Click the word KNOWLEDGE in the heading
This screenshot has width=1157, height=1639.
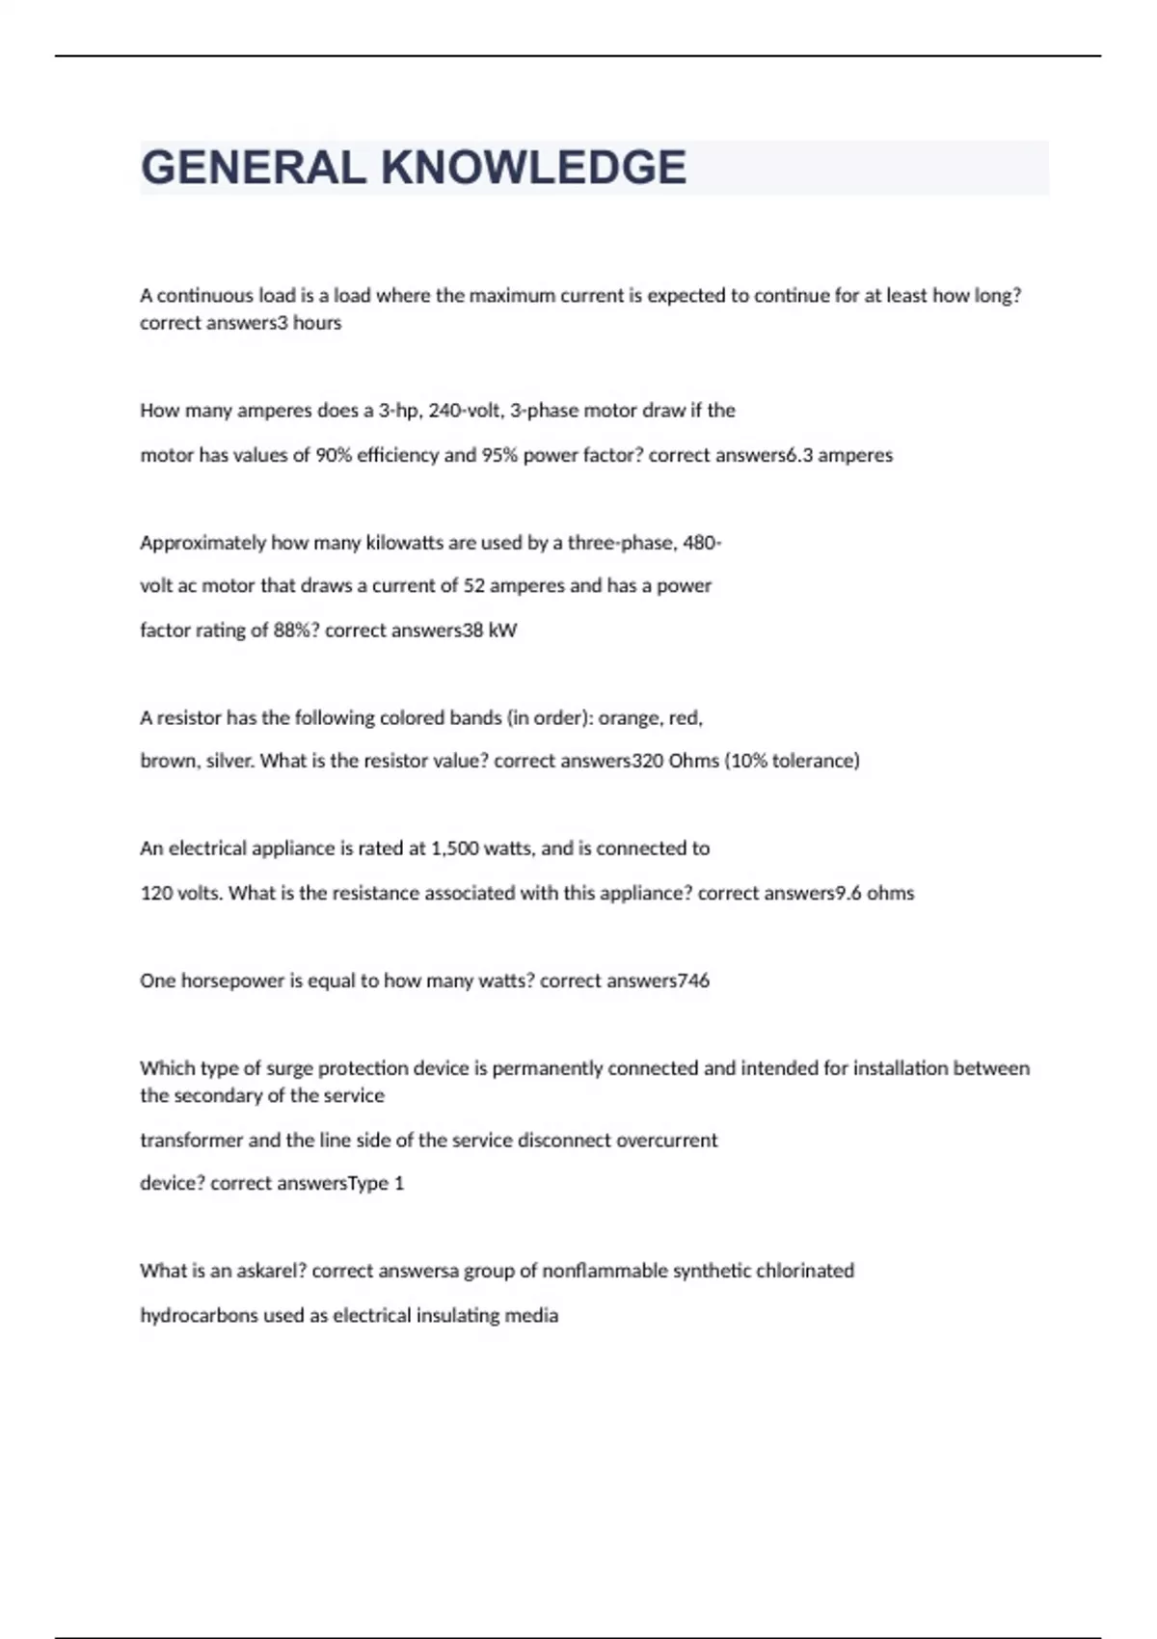click(x=533, y=168)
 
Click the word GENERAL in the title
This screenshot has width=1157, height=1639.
click(x=253, y=168)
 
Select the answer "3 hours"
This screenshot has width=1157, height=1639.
click(x=309, y=323)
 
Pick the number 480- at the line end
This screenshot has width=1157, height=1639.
click(x=702, y=543)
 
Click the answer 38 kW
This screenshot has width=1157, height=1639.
click(x=490, y=631)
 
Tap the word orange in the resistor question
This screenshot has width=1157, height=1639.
click(x=629, y=718)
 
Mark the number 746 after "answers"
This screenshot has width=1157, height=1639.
click(x=694, y=981)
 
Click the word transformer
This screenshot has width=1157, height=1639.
click(x=191, y=1141)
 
